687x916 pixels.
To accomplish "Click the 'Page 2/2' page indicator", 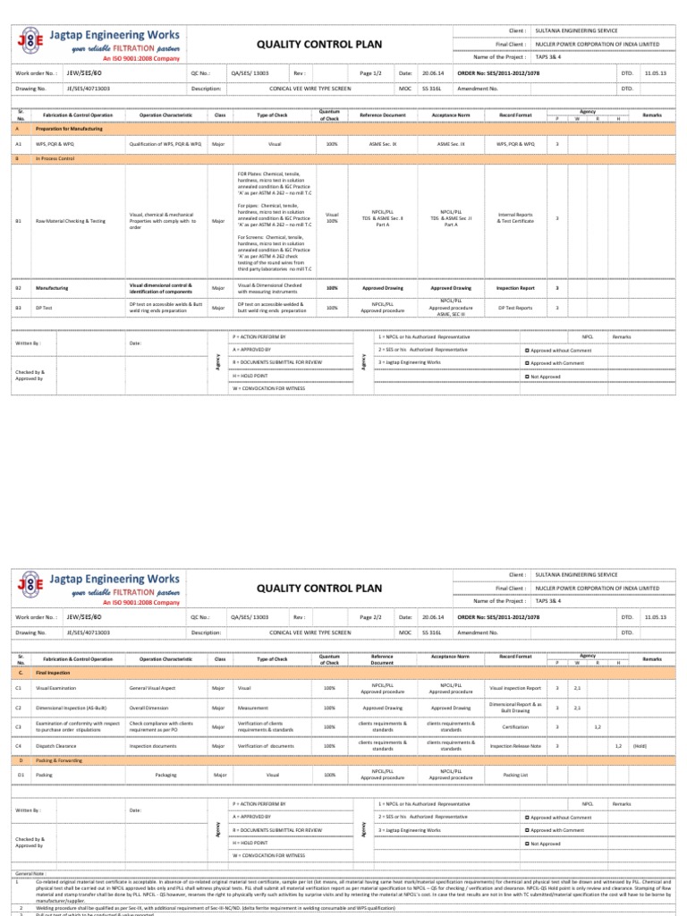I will pyautogui.click(x=370, y=617).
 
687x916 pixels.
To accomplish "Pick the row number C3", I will pyautogui.click(x=19, y=726).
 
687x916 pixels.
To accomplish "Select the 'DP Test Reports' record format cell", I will pyautogui.click(x=516, y=308).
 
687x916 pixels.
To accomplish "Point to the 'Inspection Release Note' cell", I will pyautogui.click(x=516, y=745).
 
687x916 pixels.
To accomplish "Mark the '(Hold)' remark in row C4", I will pyautogui.click(x=640, y=745).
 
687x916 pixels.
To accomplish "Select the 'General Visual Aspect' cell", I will pyautogui.click(x=156, y=687).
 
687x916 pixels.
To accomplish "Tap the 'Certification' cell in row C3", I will pyautogui.click(x=516, y=726).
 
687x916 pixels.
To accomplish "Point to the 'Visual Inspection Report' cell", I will pyautogui.click(x=516, y=687).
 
